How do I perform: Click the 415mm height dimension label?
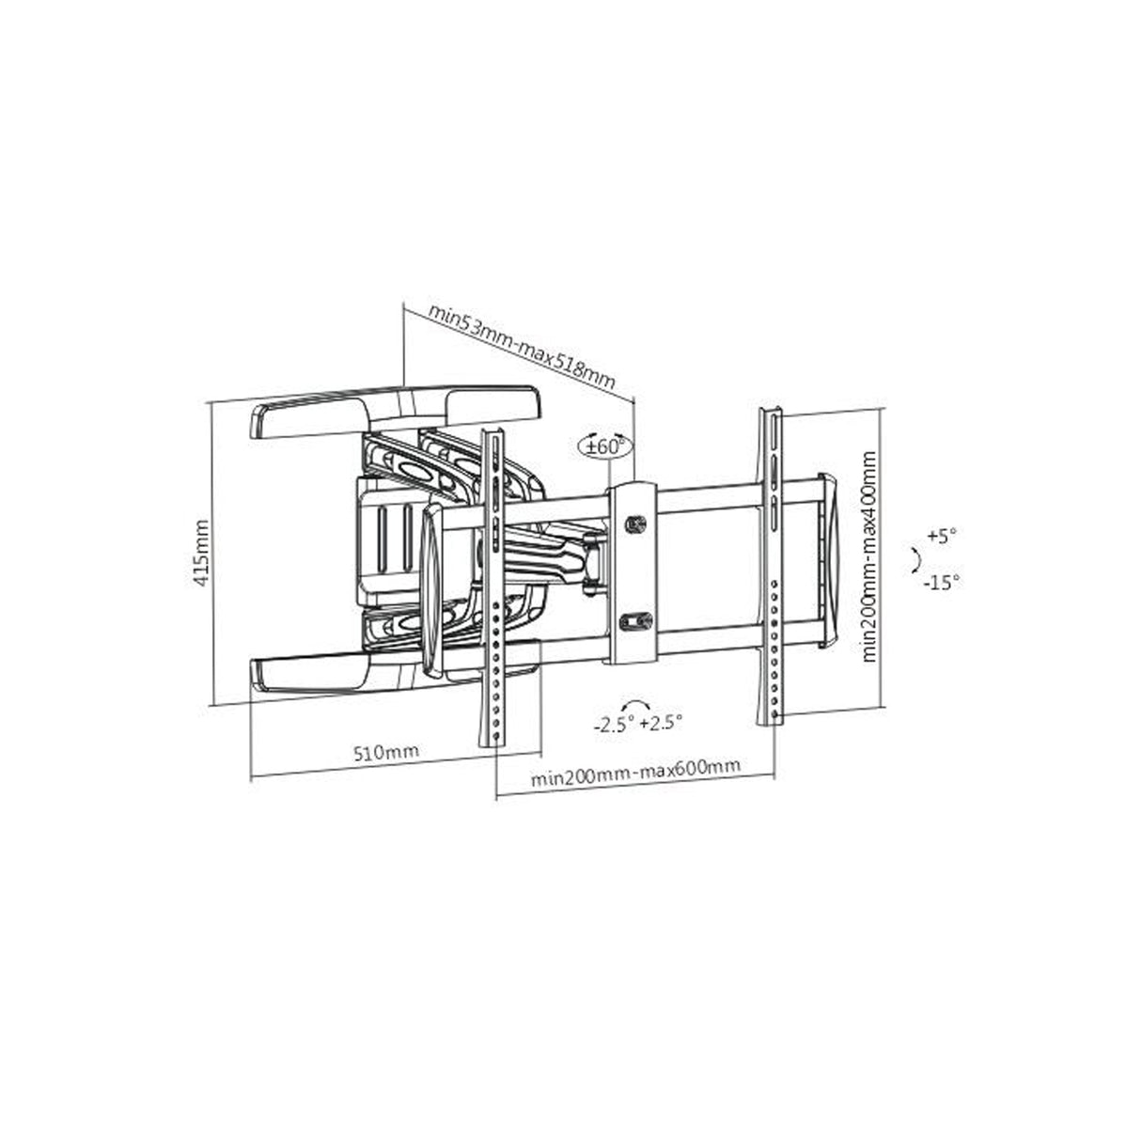pyautogui.click(x=202, y=553)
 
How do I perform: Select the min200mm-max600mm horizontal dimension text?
pyautogui.click(x=635, y=774)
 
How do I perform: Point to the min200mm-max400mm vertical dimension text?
pyautogui.click(x=869, y=556)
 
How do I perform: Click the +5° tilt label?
pyautogui.click(x=942, y=537)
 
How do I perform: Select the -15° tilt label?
pyautogui.click(x=943, y=583)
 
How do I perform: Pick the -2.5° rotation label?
pyautogui.click(x=614, y=724)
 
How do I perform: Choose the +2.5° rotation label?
pyautogui.click(x=661, y=723)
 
